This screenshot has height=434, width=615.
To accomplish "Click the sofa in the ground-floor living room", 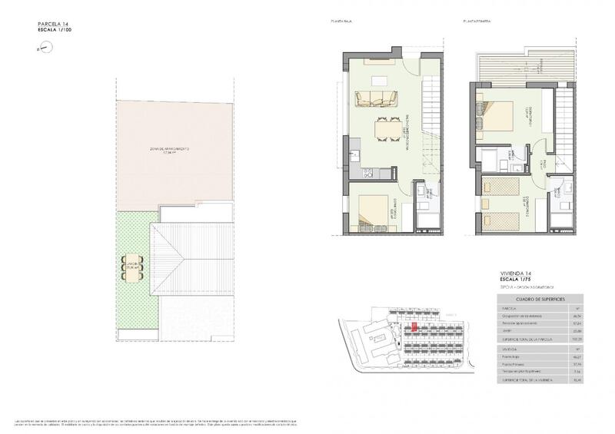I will point(374,98).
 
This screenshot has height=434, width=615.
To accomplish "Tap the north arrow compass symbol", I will point(46,48).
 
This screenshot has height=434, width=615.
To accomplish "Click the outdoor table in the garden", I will point(133,267).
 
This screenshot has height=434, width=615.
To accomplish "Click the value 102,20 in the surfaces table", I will point(574,338).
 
